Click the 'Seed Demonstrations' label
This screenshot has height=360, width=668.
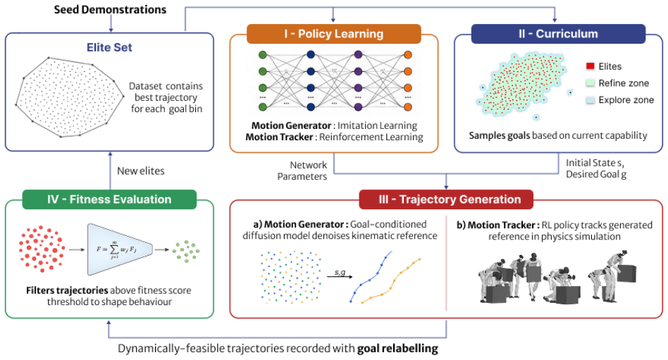(x=110, y=9)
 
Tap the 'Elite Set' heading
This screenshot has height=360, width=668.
(x=109, y=47)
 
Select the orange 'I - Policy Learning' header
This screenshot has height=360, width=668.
(x=333, y=34)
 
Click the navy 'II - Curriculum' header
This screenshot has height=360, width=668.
(x=558, y=34)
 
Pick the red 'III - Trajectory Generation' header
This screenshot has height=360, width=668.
(x=446, y=199)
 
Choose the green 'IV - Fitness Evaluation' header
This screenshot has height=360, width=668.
(x=109, y=199)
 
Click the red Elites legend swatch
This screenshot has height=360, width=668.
(x=590, y=66)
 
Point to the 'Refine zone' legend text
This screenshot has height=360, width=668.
(x=624, y=83)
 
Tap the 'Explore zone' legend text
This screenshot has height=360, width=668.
(x=626, y=100)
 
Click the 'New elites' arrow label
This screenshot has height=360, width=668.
(x=141, y=170)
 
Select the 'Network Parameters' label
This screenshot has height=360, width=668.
(x=302, y=170)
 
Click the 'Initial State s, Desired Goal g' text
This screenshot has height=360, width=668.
(x=596, y=168)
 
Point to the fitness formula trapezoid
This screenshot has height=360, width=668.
(x=120, y=249)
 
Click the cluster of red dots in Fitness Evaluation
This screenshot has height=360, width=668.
(x=42, y=249)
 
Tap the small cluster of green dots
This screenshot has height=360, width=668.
(x=186, y=251)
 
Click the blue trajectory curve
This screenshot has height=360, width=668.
(x=371, y=277)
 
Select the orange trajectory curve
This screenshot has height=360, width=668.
(x=391, y=281)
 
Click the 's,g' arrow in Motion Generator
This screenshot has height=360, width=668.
(x=340, y=276)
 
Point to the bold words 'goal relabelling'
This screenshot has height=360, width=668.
(x=397, y=349)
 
